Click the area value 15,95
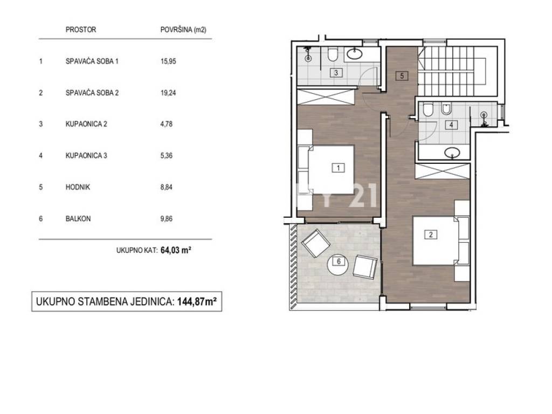point(168,61)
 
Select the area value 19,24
point(168,93)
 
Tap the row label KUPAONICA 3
point(86,156)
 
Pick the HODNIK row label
point(78,187)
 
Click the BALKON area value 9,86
point(167,219)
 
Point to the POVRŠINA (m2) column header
point(183,30)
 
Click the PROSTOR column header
point(81,30)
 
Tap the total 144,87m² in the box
point(197,302)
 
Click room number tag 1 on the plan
point(339,168)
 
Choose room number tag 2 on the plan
point(431,234)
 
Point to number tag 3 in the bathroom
point(336,73)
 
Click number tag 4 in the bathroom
point(451,125)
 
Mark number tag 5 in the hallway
point(402,75)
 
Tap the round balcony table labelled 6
point(339,262)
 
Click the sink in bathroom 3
point(355,54)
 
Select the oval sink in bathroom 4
point(452,153)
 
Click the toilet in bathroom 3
point(332,54)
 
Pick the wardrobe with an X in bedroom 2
point(443,171)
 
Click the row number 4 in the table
point(41,156)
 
